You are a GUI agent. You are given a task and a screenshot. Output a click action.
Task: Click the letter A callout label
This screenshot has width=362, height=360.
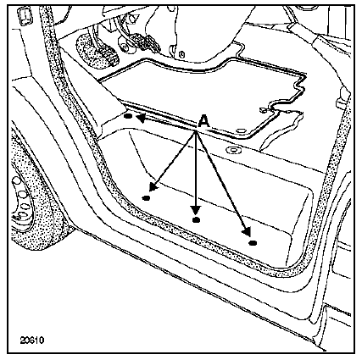coord(204,121)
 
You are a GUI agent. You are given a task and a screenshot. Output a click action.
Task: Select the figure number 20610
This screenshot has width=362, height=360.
coord(32,341)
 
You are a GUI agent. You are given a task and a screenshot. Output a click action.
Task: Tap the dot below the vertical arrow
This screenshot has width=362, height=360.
coord(196,219)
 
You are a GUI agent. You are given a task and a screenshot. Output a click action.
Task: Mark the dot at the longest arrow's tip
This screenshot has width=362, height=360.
coord(253,242)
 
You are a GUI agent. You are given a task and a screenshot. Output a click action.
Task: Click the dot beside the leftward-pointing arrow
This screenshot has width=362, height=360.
coord(128,116)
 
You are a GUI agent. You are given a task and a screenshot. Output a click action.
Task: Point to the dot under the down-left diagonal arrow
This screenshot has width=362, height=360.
coord(146,198)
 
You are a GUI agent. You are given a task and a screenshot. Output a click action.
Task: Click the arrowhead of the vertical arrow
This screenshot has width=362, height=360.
coord(196,210)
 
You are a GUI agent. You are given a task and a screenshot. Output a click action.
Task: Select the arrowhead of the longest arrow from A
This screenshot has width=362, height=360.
coord(247,231)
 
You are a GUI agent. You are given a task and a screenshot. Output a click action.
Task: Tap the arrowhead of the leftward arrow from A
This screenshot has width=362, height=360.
coord(141,119)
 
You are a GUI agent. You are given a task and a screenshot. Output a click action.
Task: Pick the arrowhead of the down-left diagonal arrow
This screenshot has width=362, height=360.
coord(153,186)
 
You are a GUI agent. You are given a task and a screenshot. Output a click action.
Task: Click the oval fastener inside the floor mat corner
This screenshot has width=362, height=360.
coord(241,130)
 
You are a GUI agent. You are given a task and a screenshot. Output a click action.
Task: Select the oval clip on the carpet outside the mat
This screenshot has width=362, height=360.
coord(234,150)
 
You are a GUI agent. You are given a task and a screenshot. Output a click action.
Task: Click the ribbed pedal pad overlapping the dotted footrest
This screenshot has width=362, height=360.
coord(109,56)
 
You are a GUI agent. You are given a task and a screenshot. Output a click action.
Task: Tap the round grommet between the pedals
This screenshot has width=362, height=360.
coord(125,46)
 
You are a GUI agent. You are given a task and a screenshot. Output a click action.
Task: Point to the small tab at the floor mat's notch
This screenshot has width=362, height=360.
coord(264,109)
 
